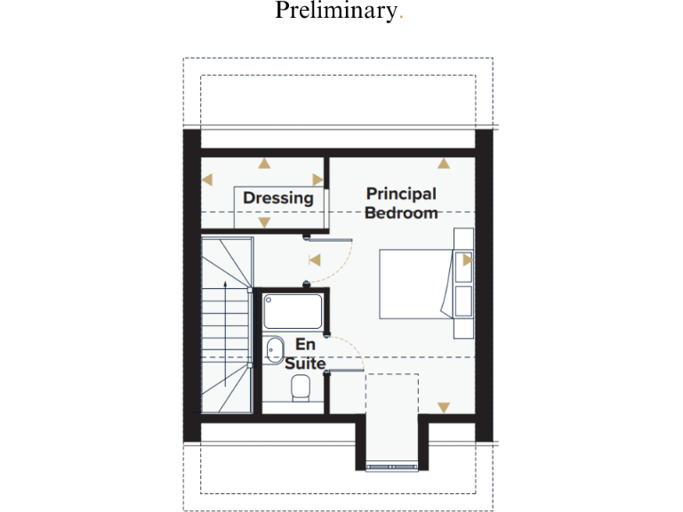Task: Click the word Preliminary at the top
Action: point(334,12)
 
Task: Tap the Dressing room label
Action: point(278,198)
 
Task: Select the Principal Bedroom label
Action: point(401,203)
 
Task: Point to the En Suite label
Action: point(305,353)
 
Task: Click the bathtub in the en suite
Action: point(293,312)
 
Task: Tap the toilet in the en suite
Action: point(300,387)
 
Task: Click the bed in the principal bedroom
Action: point(416,284)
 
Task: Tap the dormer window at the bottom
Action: point(391,465)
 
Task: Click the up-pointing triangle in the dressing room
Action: point(263,164)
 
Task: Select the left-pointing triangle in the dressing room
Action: point(207,180)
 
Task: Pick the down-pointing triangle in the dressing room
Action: point(263,222)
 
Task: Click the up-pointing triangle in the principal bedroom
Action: point(444,164)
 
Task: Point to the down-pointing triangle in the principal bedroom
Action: point(444,408)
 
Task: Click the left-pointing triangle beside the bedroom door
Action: point(313,260)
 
